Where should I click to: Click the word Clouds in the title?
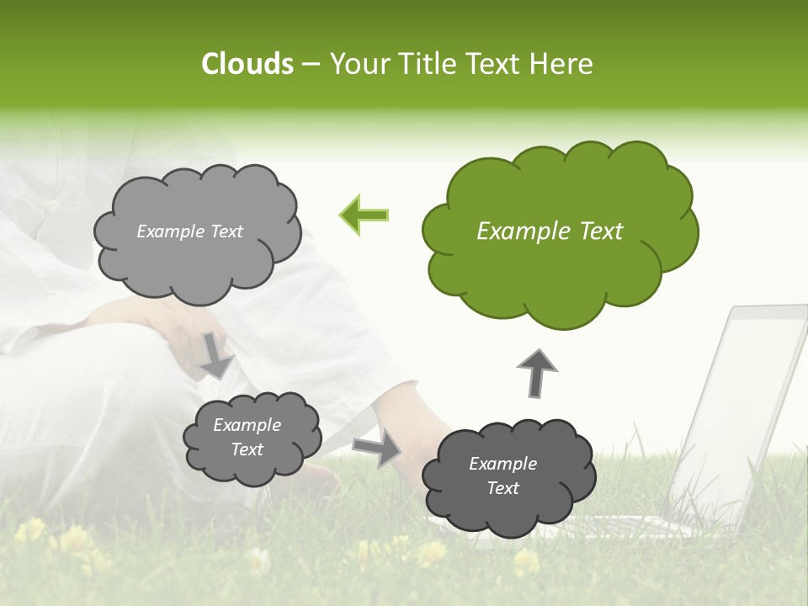247,64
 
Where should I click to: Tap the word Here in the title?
562,64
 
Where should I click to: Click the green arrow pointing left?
364,215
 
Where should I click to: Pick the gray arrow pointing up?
536,373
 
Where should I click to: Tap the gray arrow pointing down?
215,354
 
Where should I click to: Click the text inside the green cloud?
550,231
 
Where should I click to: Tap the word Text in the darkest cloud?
502,488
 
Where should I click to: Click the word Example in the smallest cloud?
247,425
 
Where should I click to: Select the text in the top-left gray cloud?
189,231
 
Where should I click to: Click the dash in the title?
311,64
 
